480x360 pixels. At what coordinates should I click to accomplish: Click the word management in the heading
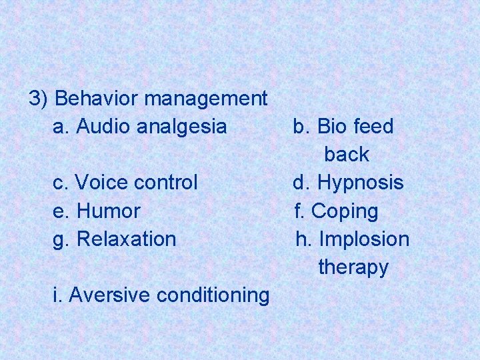pos(205,99)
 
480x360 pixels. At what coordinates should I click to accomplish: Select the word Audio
pos(104,126)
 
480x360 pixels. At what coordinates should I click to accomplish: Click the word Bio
pos(331,126)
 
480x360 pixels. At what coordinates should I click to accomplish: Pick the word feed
pos(373,126)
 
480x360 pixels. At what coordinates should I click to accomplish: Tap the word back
pos(347,154)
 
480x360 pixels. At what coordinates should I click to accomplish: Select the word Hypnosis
pos(360,182)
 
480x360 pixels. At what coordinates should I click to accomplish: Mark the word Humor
pos(109,211)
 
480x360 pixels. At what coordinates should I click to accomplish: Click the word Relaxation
pos(127,239)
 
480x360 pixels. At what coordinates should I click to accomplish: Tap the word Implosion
pos(364,239)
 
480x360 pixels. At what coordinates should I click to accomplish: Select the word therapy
pos(353,267)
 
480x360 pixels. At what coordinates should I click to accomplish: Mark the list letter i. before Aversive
pos(57,295)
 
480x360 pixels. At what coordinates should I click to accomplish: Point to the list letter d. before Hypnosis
pos(302,182)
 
